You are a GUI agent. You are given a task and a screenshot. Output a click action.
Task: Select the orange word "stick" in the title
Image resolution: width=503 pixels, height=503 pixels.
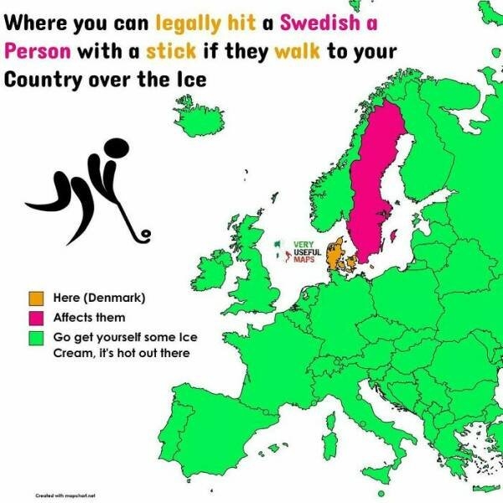point(171,50)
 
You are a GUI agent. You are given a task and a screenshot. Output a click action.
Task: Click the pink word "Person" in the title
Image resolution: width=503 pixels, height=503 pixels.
point(38,50)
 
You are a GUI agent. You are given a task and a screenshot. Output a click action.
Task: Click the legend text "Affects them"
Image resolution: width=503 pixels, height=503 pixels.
point(89,318)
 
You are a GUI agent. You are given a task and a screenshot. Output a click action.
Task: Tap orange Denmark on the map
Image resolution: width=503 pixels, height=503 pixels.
point(337,256)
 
